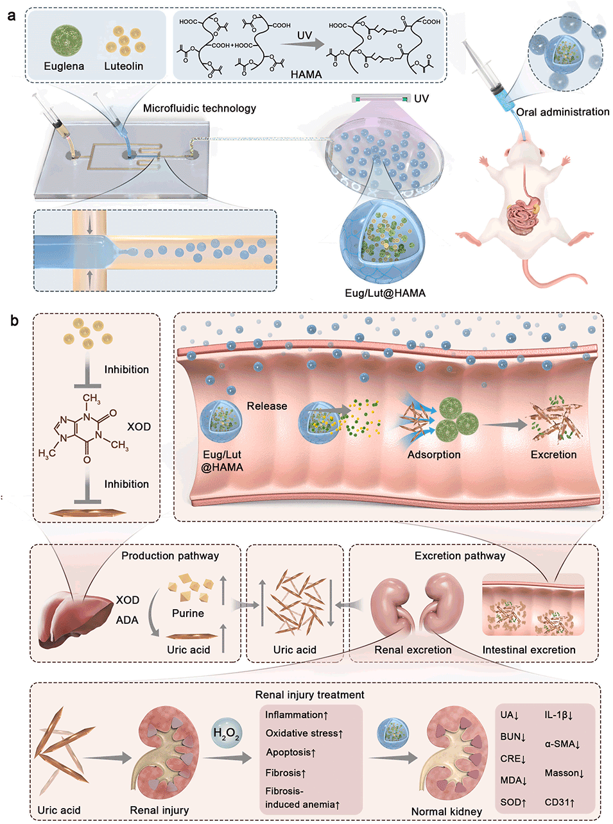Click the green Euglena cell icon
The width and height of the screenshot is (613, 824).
click(x=64, y=39)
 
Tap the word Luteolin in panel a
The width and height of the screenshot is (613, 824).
click(x=123, y=66)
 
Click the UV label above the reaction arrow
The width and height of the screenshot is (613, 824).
click(x=305, y=35)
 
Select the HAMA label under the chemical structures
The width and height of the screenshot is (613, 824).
click(x=306, y=74)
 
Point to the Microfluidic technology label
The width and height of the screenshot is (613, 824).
click(x=199, y=108)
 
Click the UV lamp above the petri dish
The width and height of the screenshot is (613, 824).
click(x=381, y=98)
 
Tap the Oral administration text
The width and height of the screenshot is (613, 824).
click(x=562, y=112)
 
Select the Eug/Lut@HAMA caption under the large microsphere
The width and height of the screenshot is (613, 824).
click(x=384, y=293)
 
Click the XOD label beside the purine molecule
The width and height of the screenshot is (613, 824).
click(x=139, y=426)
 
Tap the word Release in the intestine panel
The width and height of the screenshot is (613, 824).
click(x=267, y=406)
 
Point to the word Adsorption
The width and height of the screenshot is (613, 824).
click(x=434, y=455)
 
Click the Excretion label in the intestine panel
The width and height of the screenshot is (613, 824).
click(x=553, y=455)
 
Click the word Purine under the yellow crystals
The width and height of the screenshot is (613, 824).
click(x=188, y=613)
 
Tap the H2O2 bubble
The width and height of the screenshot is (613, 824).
click(x=226, y=735)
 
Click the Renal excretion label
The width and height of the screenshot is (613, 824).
click(x=413, y=650)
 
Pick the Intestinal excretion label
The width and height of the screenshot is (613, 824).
click(x=529, y=650)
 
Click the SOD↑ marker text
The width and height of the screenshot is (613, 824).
click(x=514, y=802)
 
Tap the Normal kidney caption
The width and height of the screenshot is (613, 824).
click(x=447, y=811)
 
